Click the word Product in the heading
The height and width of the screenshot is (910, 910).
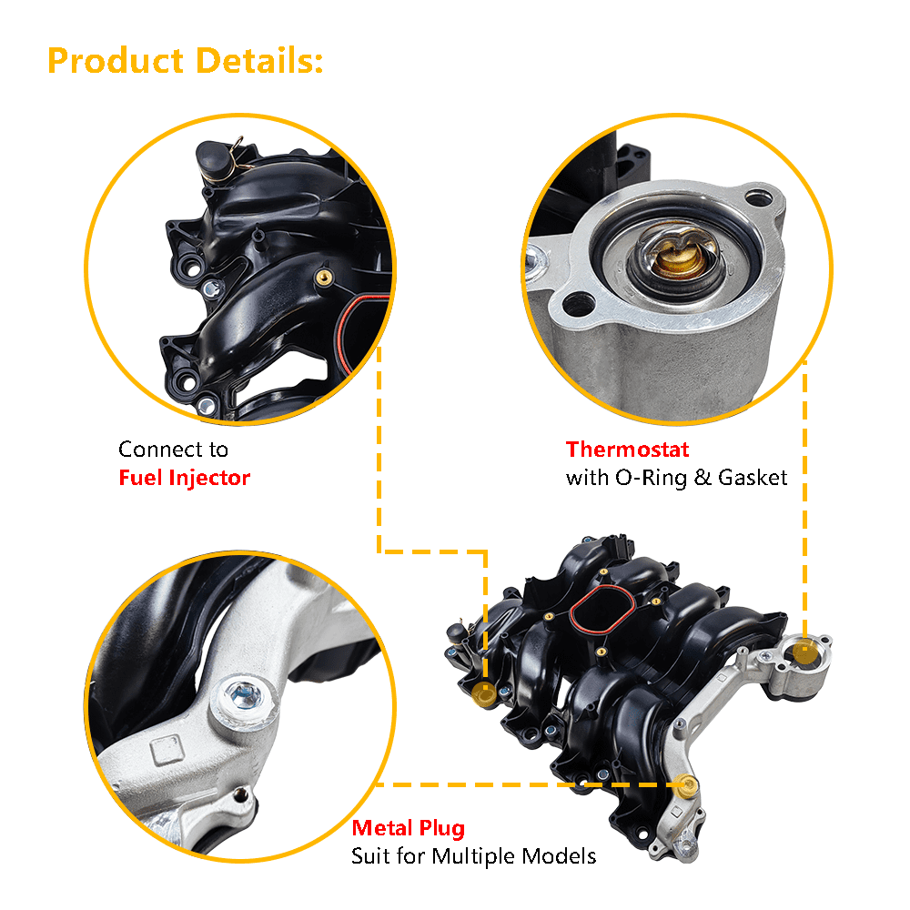coord(116,61)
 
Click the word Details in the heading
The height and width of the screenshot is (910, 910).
coord(259,61)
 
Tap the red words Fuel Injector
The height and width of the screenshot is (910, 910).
coord(184,478)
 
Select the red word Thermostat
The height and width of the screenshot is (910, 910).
coord(627,450)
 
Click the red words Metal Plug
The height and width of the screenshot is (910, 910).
coord(408,828)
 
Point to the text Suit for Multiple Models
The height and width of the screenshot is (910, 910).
coord(473,856)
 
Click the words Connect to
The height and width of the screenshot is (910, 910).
coord(173,450)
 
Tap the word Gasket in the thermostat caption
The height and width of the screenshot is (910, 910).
coord(753,478)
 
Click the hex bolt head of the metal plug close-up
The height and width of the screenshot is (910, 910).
coord(243,695)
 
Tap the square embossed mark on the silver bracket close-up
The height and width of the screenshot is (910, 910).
coord(167,750)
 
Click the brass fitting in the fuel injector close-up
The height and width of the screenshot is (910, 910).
coord(324,278)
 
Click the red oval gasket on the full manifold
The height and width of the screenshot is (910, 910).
coord(602,610)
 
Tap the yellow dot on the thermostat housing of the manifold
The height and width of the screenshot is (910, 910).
coord(804,652)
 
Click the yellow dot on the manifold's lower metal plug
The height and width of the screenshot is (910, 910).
coord(689,784)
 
